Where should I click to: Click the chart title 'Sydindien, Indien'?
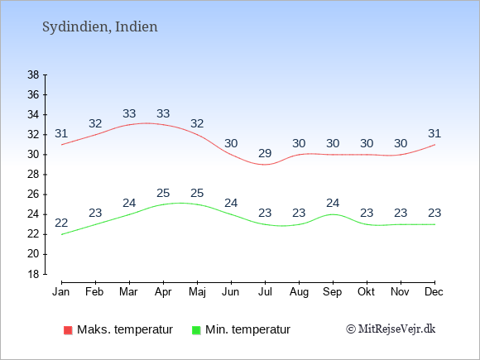tap(100, 27)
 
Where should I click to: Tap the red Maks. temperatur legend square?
tap(68, 330)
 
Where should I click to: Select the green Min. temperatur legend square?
tap(196, 330)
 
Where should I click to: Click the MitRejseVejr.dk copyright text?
tap(391, 329)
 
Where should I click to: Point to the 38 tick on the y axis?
tap(33, 74)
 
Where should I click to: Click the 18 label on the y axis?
tap(33, 274)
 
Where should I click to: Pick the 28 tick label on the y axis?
tap(33, 175)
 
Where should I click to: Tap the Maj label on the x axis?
tap(197, 292)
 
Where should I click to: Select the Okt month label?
tap(366, 292)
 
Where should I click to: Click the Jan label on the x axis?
tap(61, 292)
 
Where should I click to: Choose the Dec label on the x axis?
tap(434, 292)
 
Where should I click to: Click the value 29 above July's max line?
tap(265, 153)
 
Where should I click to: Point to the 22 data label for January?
tap(61, 223)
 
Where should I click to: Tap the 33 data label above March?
tap(129, 114)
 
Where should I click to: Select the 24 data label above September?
tap(333, 203)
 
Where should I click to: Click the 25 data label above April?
tap(163, 193)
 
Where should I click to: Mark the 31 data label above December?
tap(434, 133)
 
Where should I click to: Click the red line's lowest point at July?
tap(265, 165)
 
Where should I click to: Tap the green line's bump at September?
tap(333, 214)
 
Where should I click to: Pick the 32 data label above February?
tap(95, 123)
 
